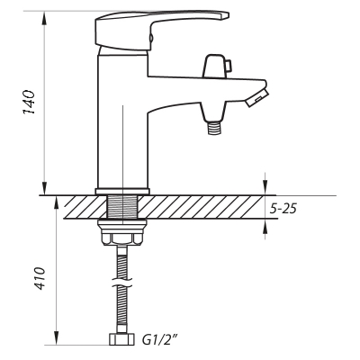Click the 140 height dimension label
[29, 102]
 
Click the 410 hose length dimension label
[39, 278]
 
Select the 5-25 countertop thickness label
[283, 208]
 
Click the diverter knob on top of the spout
[215, 66]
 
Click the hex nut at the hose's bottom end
[121, 339]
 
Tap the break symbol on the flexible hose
[121, 283]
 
